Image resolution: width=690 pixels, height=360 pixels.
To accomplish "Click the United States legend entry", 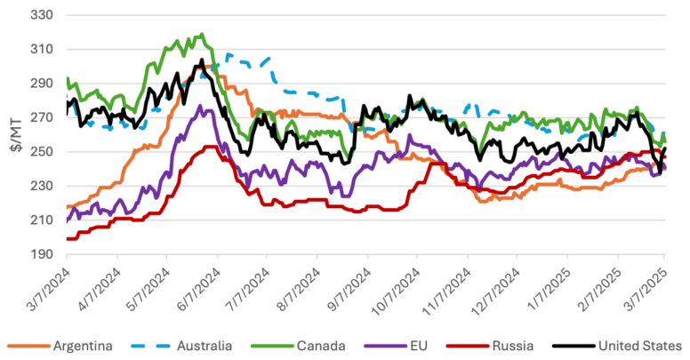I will pyautogui.click(x=630, y=344).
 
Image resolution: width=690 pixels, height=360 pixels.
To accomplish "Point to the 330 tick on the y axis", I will pyautogui.click(x=43, y=16).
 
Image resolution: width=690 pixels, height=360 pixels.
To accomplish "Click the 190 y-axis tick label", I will pyautogui.click(x=43, y=254).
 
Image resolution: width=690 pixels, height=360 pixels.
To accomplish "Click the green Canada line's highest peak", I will pyautogui.click(x=204, y=35).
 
